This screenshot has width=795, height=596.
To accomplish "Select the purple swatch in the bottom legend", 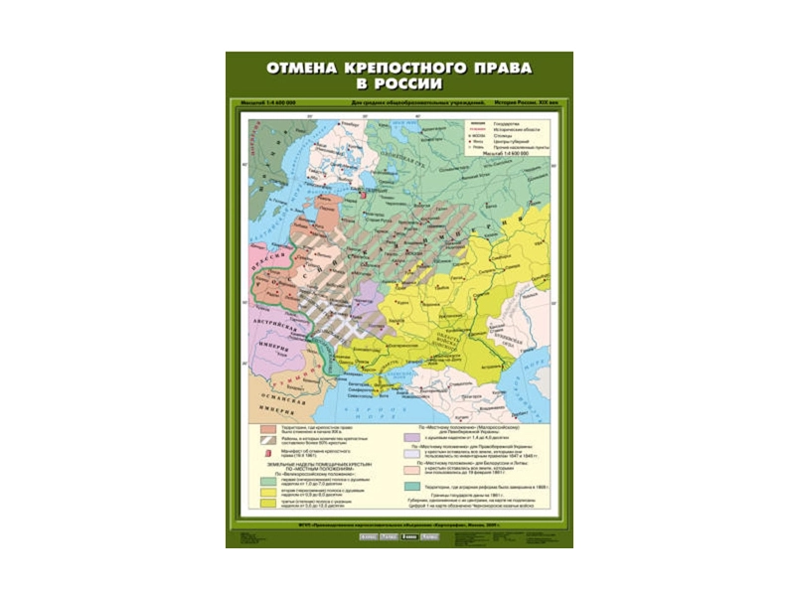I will point(409,435).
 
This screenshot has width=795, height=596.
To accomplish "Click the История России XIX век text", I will point(524,103).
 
